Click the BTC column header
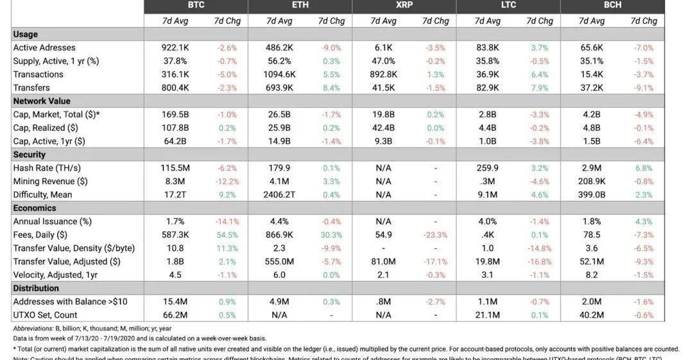[196, 5]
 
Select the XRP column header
[404, 5]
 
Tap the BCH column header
[612, 5]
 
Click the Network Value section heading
[42, 101]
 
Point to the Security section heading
[30, 155]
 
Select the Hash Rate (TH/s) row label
[47, 168]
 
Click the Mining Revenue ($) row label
[51, 182]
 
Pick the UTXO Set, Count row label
[45, 315]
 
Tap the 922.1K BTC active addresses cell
[175, 47]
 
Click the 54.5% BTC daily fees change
[227, 235]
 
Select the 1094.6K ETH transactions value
[279, 74]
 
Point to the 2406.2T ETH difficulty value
[279, 195]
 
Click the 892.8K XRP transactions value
[384, 74]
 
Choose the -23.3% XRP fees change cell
[436, 235]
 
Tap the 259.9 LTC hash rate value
[488, 168]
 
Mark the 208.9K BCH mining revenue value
[592, 182]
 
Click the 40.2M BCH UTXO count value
[592, 315]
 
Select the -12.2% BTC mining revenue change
[227, 182]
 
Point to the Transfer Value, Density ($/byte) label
[74, 248]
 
